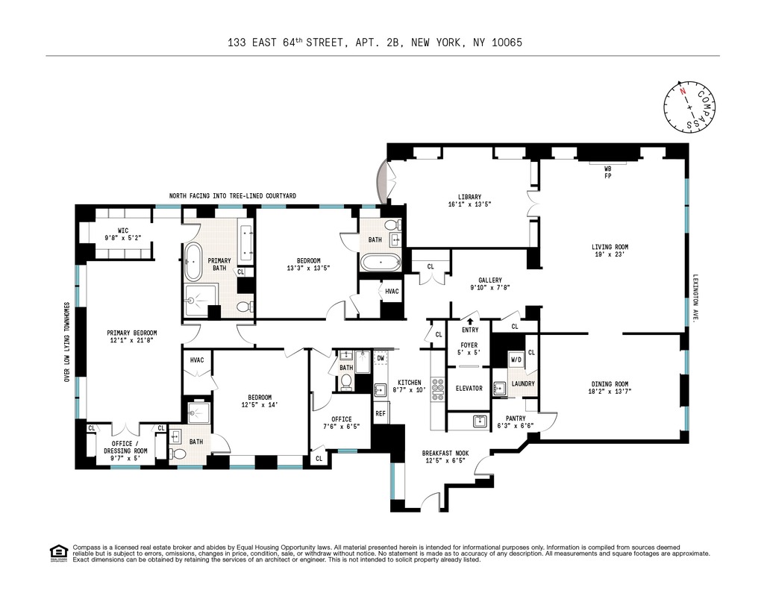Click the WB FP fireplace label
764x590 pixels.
[x=608, y=172]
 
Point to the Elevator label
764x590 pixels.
[x=469, y=388]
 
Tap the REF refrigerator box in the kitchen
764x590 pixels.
[x=380, y=412]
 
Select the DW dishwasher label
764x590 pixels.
[x=381, y=358]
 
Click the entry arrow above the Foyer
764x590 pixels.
[x=470, y=321]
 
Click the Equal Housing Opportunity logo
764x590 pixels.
[x=57, y=553]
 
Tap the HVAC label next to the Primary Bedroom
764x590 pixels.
[x=197, y=360]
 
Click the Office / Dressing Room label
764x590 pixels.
[x=124, y=447]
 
